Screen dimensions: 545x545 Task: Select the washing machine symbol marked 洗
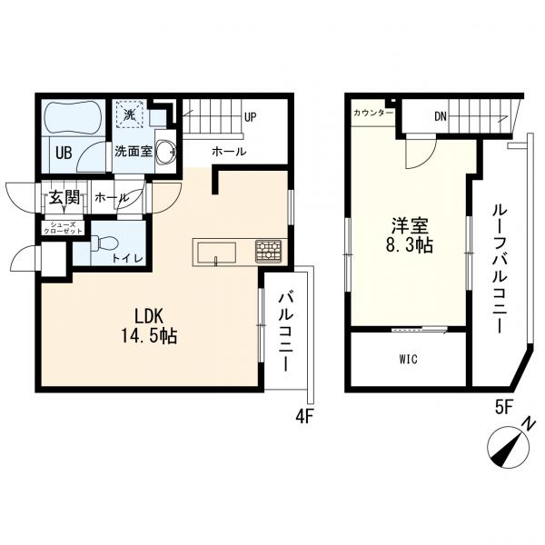pos(129,115)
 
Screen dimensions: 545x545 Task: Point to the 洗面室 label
pos(132,153)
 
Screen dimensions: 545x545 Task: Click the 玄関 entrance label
pos(64,196)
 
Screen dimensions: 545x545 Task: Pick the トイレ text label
pos(126,258)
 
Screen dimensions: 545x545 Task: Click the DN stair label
pos(440,116)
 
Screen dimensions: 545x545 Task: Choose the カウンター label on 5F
pos(373,114)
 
